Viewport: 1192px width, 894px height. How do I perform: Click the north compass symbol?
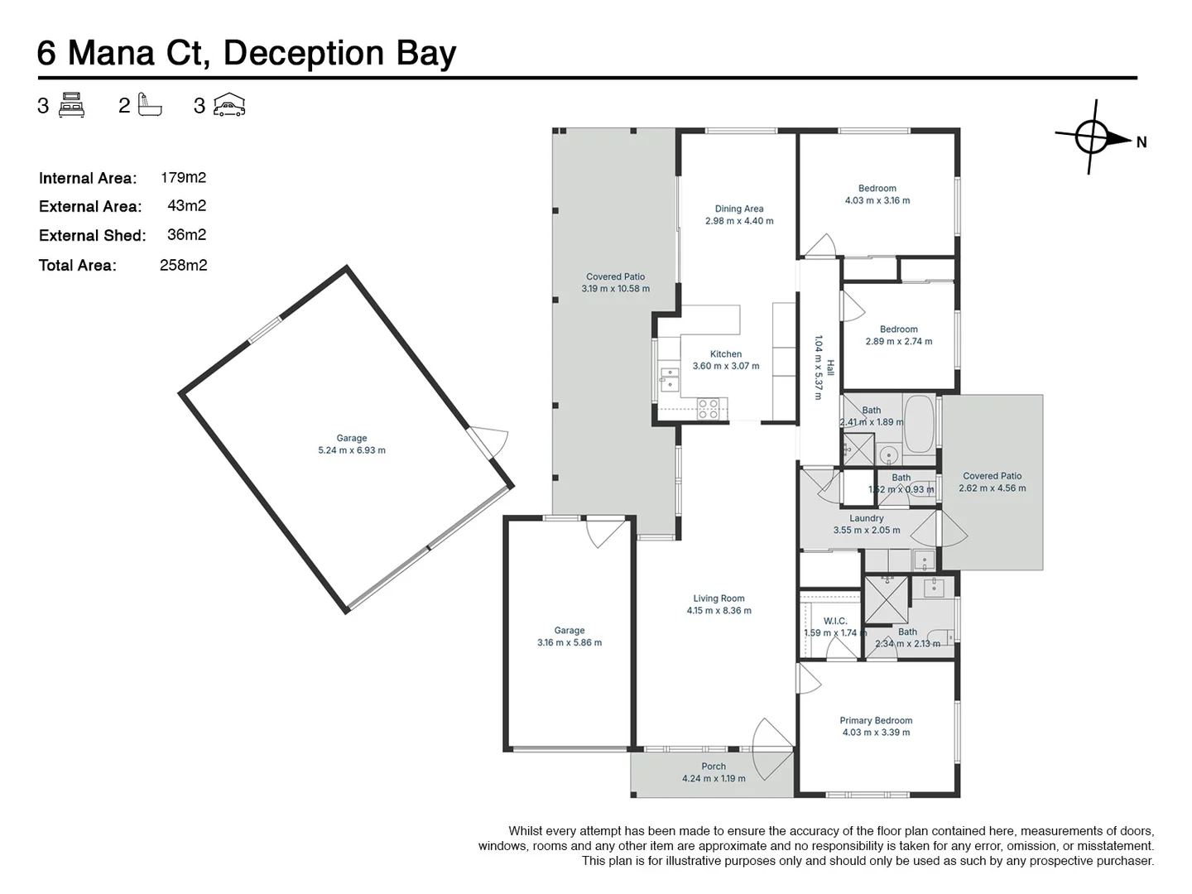pos(1093,137)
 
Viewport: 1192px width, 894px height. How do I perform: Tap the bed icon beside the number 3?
pos(72,105)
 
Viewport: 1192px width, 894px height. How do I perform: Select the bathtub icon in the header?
pos(151,105)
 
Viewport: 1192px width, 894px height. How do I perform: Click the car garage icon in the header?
pos(229,105)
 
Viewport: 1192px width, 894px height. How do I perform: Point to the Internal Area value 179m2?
pos(183,177)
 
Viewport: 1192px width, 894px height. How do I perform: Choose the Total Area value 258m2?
pos(183,265)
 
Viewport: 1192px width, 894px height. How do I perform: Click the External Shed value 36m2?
pos(186,235)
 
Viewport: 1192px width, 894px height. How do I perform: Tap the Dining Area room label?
pos(739,209)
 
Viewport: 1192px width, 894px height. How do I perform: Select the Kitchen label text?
pos(725,353)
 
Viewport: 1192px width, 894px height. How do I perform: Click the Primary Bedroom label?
pos(876,720)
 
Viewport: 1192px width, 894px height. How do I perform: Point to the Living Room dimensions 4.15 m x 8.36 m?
pos(719,611)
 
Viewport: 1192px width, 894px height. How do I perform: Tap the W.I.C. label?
pos(835,621)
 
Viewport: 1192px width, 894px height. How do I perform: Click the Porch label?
pos(714,767)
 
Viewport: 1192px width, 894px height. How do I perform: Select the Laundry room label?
pos(866,518)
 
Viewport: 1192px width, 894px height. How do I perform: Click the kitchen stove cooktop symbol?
pos(709,407)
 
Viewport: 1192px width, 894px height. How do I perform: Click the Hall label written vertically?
pos(829,368)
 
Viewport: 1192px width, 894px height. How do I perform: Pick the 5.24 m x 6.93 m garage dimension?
pos(352,450)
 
